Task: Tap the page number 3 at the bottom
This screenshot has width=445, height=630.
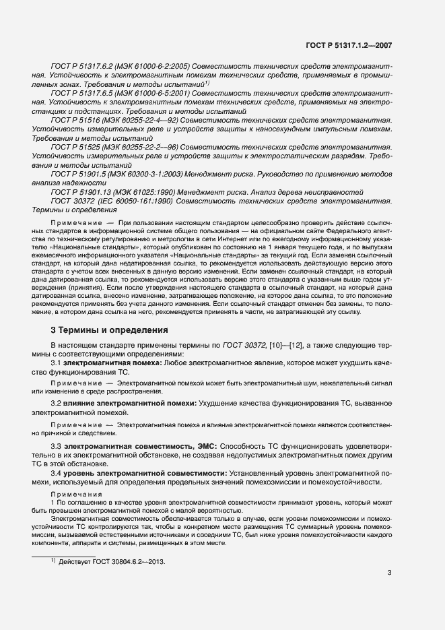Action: click(x=389, y=573)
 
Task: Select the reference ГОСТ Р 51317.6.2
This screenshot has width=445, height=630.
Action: click(x=81, y=67)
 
